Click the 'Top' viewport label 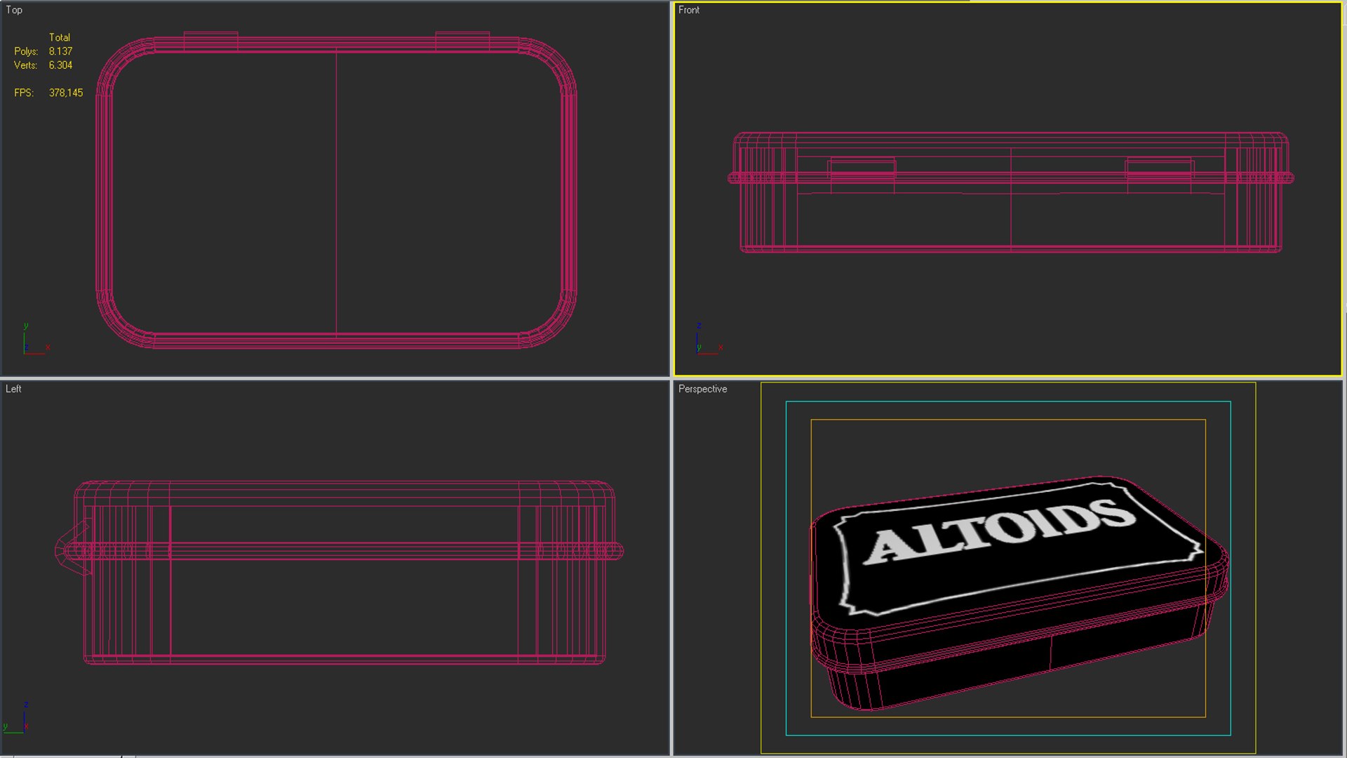tap(14, 10)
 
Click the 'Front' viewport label tap(688, 10)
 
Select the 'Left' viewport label tap(13, 389)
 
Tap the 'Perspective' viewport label tap(702, 389)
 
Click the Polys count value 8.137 tap(60, 51)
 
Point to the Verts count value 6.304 tap(60, 65)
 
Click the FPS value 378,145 tap(66, 93)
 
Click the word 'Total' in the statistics tap(60, 37)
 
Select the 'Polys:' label tap(26, 51)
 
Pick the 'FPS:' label tap(24, 93)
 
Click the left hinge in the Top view tap(210, 41)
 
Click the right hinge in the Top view tap(462, 41)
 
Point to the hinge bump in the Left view tap(72, 549)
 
